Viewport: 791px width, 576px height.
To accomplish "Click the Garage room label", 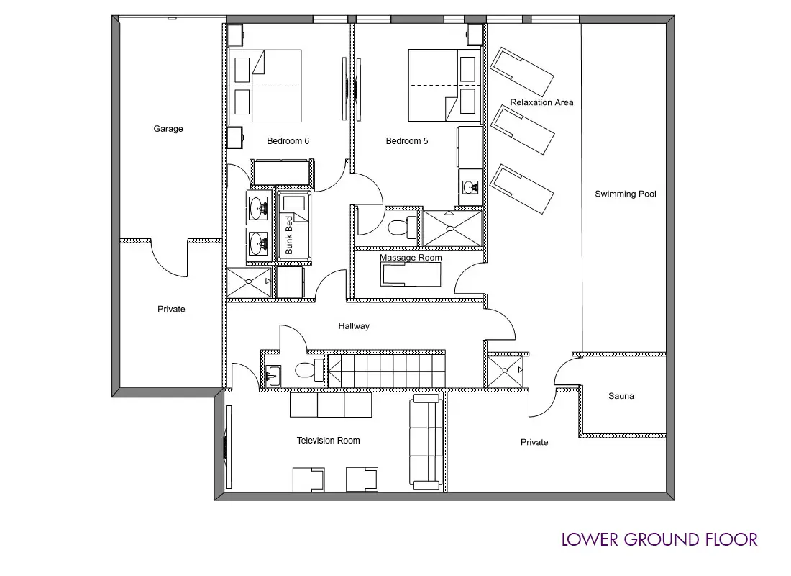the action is pyautogui.click(x=168, y=129).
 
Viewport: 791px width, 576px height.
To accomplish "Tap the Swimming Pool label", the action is pyautogui.click(x=626, y=194).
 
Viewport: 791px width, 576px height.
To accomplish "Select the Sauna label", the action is pyautogui.click(x=621, y=396).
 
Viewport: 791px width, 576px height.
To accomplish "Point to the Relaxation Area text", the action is pyautogui.click(x=541, y=102).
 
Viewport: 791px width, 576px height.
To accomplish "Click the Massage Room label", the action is pyautogui.click(x=411, y=258).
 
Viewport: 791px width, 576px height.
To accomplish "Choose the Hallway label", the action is pyautogui.click(x=354, y=326).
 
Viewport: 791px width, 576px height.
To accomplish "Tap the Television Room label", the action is pyautogui.click(x=328, y=441).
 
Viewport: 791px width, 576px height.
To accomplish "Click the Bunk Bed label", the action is pyautogui.click(x=289, y=235).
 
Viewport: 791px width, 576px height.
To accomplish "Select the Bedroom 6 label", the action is pyautogui.click(x=288, y=141).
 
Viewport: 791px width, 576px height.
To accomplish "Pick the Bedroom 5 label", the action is pyautogui.click(x=406, y=141).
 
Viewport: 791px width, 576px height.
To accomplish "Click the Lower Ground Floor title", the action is pyautogui.click(x=659, y=539).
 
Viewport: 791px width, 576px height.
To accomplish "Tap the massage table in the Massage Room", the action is pyautogui.click(x=411, y=275).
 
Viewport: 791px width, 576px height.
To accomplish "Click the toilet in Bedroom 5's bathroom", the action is pyautogui.click(x=403, y=227).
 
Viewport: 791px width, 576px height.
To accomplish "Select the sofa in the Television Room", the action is pyautogui.click(x=426, y=443).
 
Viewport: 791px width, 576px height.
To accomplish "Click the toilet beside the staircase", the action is pyautogui.click(x=308, y=371).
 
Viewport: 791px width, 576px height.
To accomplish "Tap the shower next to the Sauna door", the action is pyautogui.click(x=506, y=372).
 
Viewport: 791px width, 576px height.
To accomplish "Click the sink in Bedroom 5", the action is pyautogui.click(x=471, y=187).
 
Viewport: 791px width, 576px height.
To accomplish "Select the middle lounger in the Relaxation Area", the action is pyautogui.click(x=523, y=130).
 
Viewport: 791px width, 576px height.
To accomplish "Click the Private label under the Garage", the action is pyautogui.click(x=171, y=309).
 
